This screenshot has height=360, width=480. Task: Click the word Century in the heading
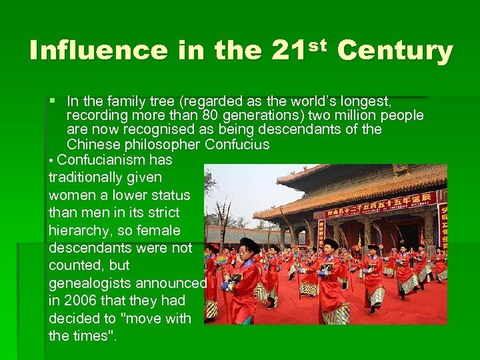pos(395,51)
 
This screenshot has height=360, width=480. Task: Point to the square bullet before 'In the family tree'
pos(53,101)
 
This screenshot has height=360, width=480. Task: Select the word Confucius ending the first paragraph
pos(237,145)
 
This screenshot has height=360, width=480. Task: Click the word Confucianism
pos(115,161)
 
